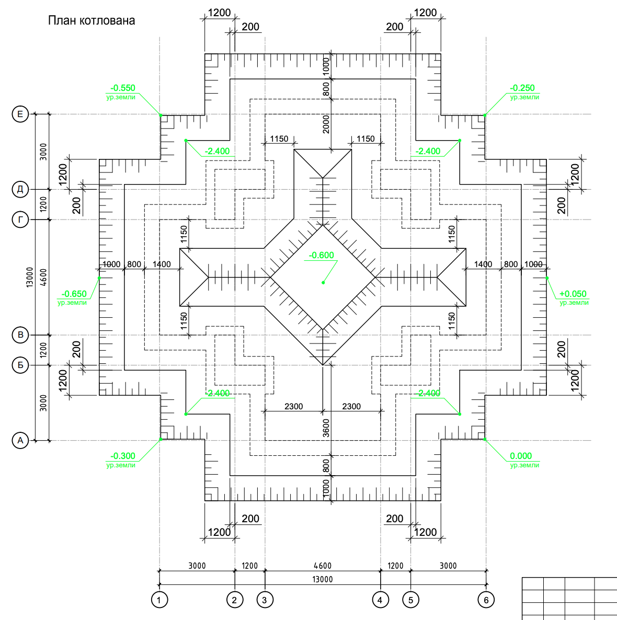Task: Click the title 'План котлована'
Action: [92, 20]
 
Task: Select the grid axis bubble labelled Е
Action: [20, 114]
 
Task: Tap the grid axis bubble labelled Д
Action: [20, 189]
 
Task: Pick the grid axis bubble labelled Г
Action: [20, 220]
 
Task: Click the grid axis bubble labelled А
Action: [20, 440]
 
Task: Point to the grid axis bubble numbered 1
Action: [159, 600]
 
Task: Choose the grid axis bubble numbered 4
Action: [381, 600]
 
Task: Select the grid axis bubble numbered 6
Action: [486, 600]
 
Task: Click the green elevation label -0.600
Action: [321, 256]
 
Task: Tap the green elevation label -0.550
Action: [122, 88]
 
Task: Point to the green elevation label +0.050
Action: [573, 294]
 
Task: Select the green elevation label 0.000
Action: [521, 456]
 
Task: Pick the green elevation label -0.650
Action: [74, 294]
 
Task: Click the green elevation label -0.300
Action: [122, 456]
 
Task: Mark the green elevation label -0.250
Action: [522, 88]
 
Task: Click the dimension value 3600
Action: [326, 428]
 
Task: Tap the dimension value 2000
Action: [326, 124]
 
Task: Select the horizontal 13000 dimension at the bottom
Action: [322, 579]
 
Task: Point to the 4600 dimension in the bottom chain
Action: [322, 566]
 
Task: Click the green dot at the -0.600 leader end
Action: [323, 282]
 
